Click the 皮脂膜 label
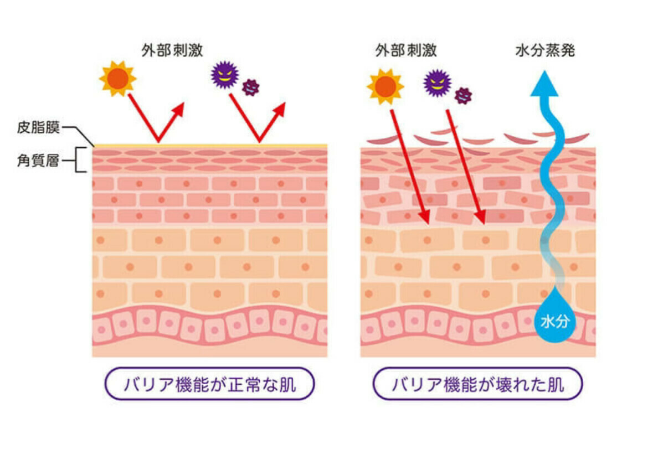tap(38, 127)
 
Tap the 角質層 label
tap(38, 160)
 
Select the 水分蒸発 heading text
tap(545, 50)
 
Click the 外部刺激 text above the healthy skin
tap(172, 50)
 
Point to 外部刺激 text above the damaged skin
tap(406, 50)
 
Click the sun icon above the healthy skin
tap(118, 79)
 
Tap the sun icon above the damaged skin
tap(385, 87)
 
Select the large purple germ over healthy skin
tap(225, 75)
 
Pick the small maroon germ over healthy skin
tap(250, 87)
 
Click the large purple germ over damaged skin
tap(437, 83)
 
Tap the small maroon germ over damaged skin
tap(463, 96)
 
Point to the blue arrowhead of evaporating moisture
tap(545, 84)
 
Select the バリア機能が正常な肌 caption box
tap(209, 384)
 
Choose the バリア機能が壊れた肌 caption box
tap(478, 384)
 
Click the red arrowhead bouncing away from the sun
tap(178, 111)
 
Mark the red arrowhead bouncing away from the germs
tap(280, 111)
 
